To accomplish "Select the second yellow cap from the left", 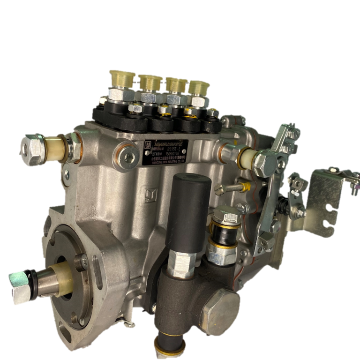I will point(150,82).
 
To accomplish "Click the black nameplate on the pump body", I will point(166,152).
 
